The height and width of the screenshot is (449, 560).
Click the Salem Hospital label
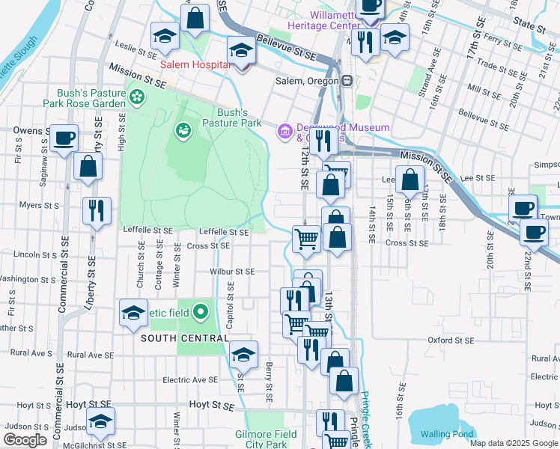[x=194, y=65]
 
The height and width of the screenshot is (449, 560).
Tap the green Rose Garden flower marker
[x=136, y=96]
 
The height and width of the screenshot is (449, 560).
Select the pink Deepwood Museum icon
[x=284, y=132]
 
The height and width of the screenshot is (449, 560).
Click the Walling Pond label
[x=446, y=434]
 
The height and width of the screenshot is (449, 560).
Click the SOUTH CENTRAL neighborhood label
[x=183, y=338]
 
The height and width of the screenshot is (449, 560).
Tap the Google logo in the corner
[x=25, y=440]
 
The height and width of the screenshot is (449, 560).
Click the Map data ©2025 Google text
[x=514, y=443]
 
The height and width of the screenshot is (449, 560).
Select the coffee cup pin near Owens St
[x=64, y=139]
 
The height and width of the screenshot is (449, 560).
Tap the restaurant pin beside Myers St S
[x=97, y=210]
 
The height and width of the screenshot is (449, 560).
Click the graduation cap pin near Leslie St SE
[x=164, y=37]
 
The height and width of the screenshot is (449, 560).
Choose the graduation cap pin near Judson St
[x=100, y=422]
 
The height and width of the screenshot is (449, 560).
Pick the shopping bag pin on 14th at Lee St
[x=410, y=180]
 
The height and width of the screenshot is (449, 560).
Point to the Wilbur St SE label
[x=232, y=272]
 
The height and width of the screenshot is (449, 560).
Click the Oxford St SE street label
[x=451, y=340]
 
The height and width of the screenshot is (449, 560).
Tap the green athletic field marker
[x=201, y=312]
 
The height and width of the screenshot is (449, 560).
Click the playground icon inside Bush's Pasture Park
[x=183, y=132]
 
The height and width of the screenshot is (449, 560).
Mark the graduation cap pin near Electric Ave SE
[x=243, y=355]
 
